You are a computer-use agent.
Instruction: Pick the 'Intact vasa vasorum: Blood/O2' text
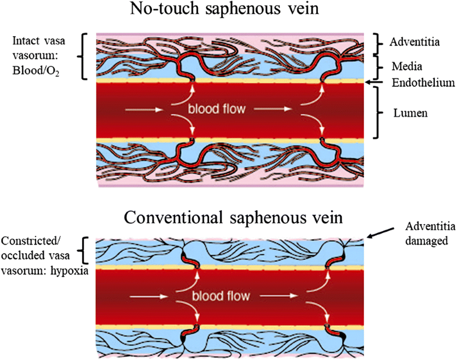point(40,56)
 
